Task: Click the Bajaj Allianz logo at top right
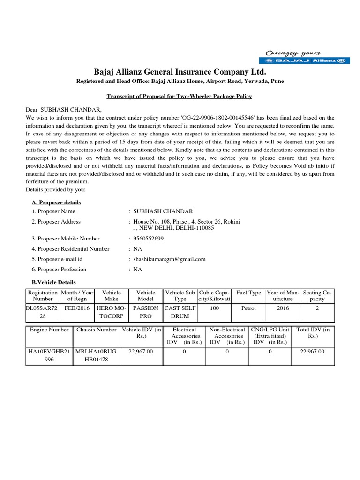tap(296, 60)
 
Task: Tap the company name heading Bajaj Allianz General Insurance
tap(180, 72)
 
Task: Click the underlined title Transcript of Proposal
tap(180, 96)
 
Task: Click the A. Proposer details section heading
tap(56, 202)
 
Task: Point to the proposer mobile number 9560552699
tap(149, 239)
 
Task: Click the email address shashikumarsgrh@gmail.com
tap(169, 259)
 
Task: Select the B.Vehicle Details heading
tap(53, 282)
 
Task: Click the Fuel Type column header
tap(248, 293)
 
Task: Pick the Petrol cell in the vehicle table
tap(248, 308)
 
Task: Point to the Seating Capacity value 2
tap(317, 308)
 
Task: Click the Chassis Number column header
tap(96, 330)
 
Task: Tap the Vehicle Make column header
tap(111, 296)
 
